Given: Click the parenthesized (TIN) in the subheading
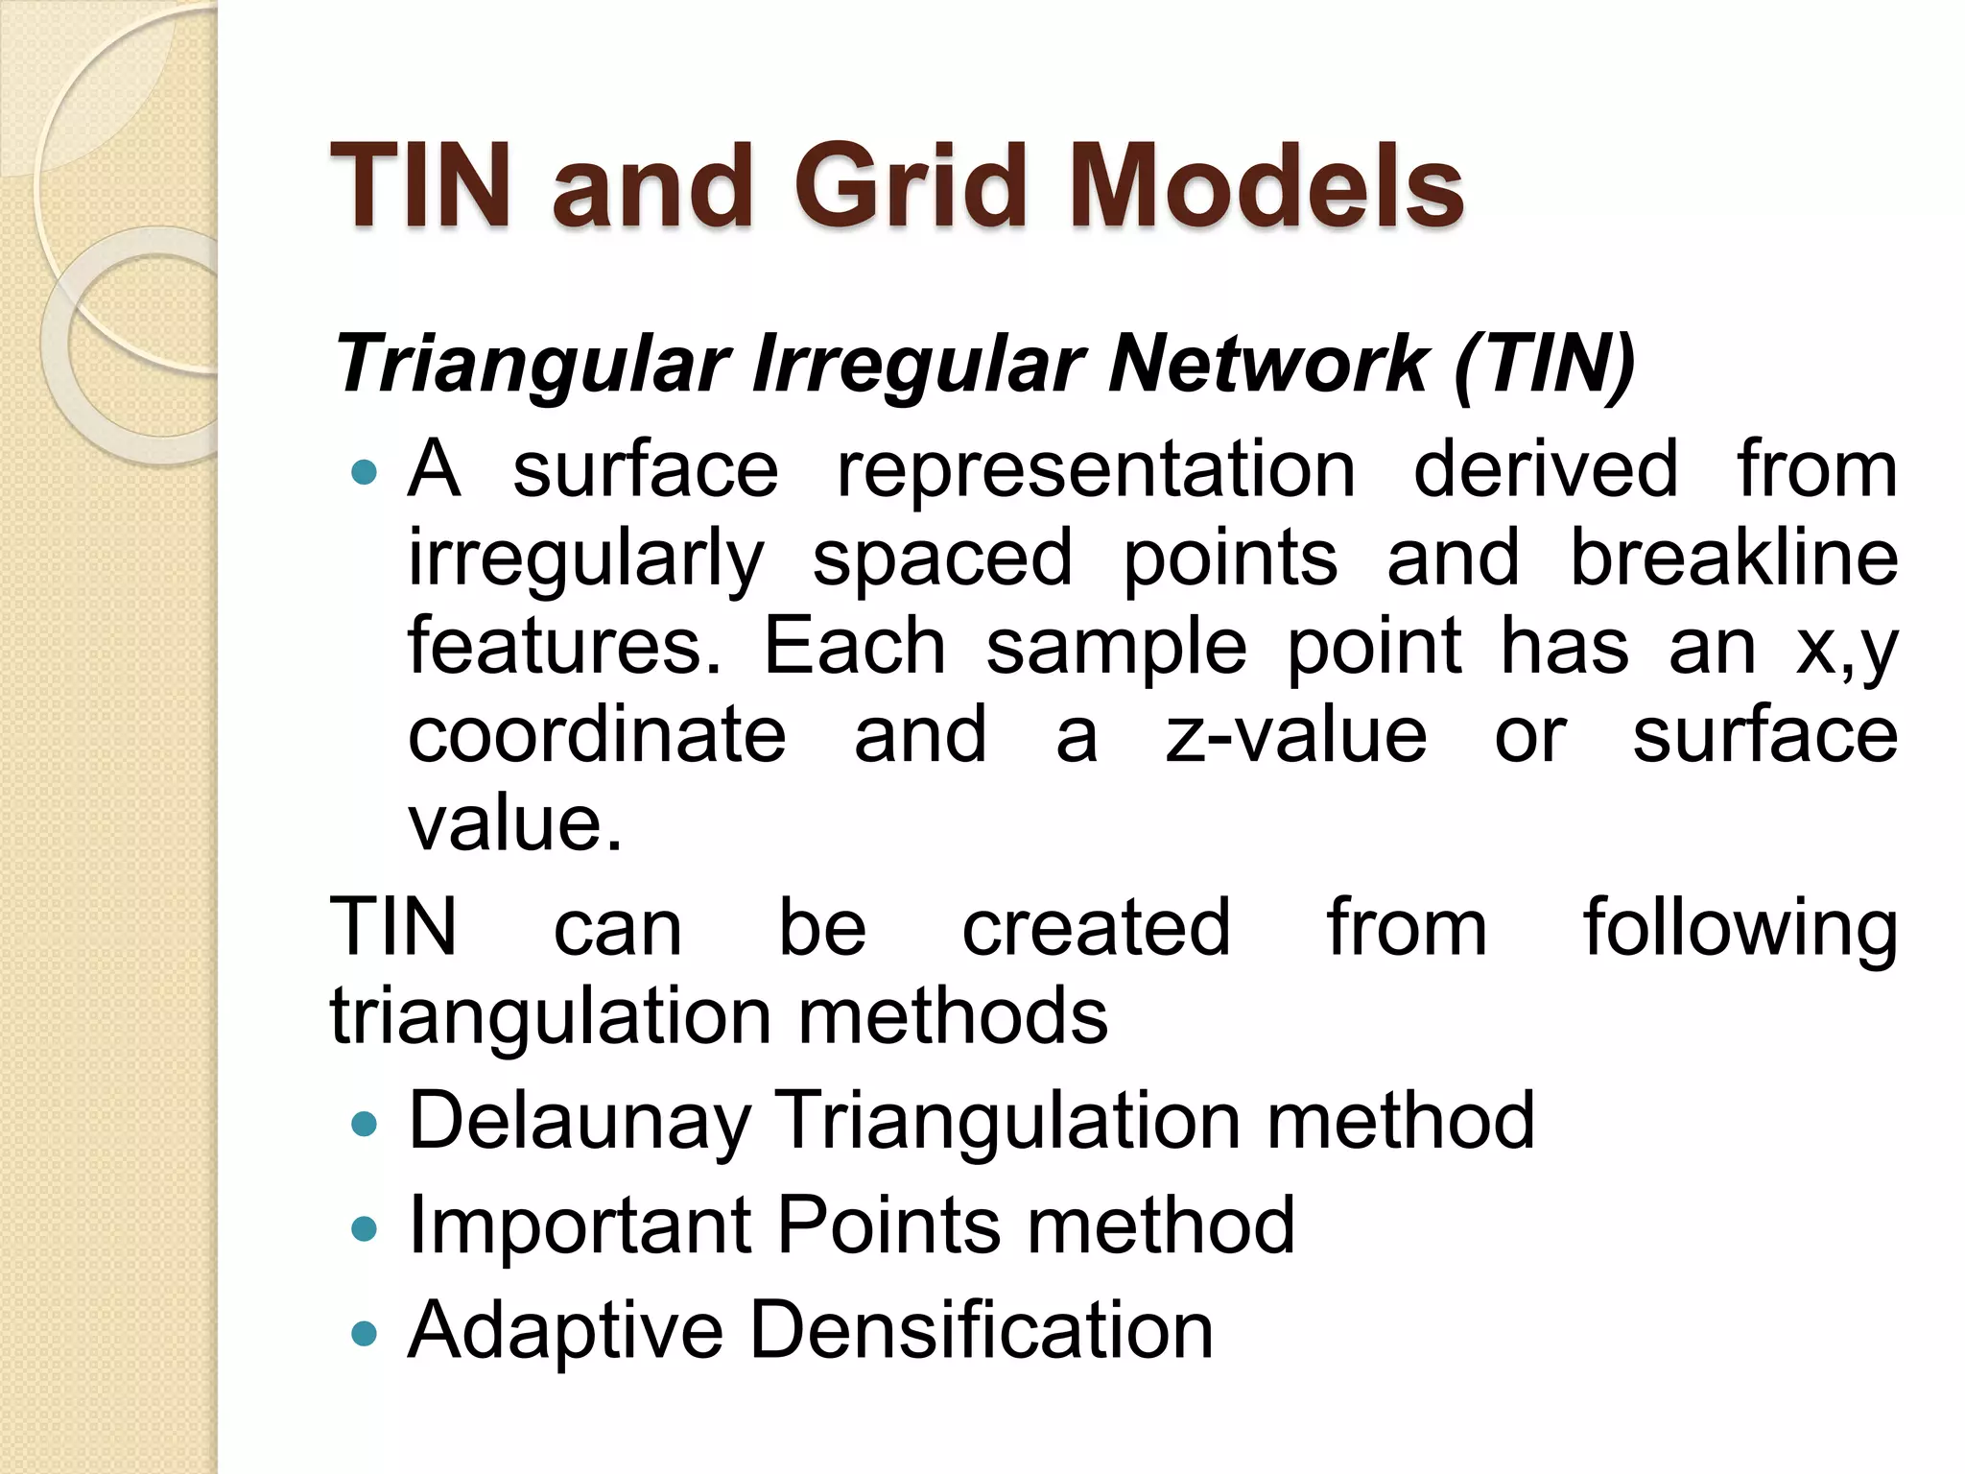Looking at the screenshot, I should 1544,365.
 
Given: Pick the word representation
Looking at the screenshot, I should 1096,469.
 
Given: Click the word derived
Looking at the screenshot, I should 1546,469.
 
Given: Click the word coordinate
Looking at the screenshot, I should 597,735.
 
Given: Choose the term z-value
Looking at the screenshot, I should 1296,735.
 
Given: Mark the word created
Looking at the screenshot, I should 1096,927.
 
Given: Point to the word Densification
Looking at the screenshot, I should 981,1330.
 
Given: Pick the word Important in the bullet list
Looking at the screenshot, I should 580,1226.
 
